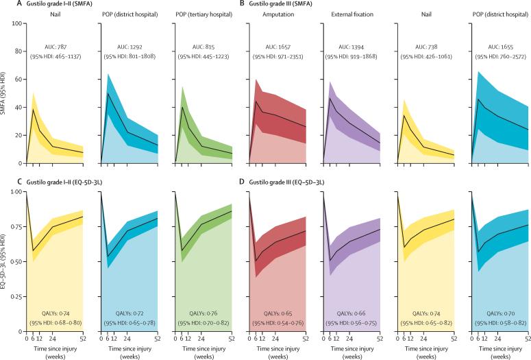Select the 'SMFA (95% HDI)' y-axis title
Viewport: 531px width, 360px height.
5,93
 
